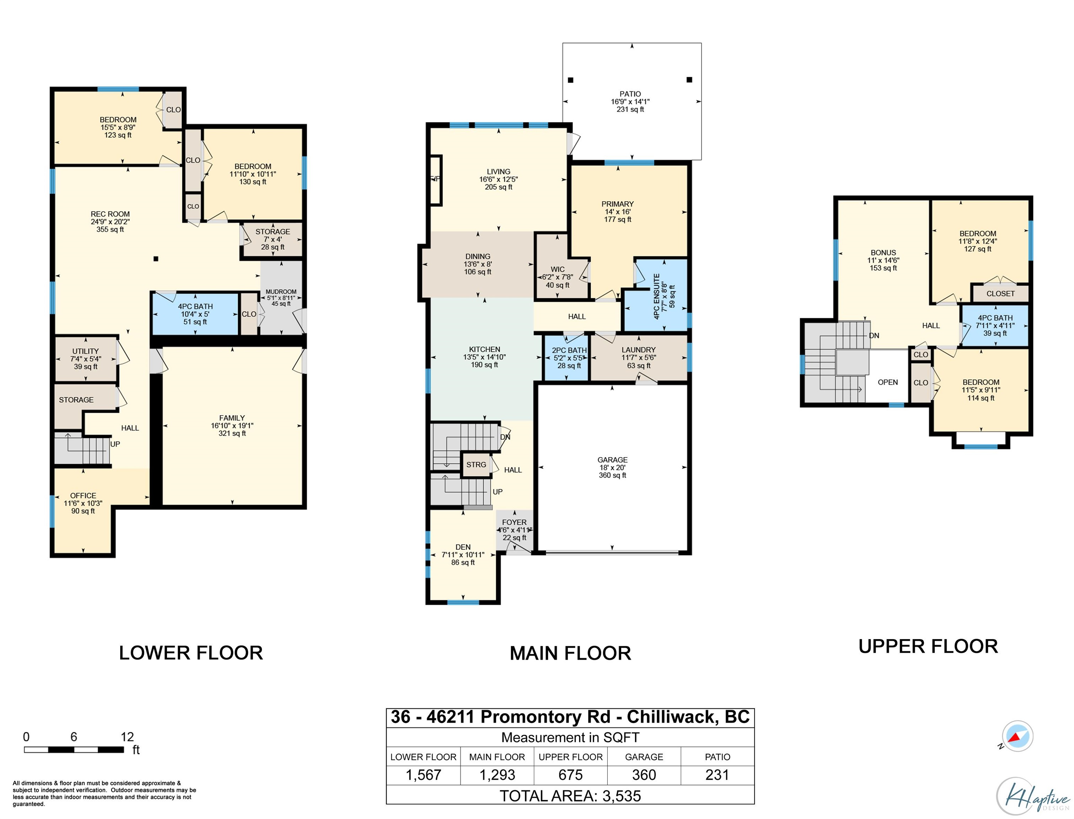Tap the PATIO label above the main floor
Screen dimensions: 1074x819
click(630, 93)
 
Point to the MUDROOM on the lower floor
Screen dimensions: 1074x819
click(281, 298)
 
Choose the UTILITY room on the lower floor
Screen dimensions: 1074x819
click(86, 358)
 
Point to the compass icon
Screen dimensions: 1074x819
click(1017, 736)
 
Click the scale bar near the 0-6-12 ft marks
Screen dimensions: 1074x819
click(74, 750)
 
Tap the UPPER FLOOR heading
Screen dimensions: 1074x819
click(928, 647)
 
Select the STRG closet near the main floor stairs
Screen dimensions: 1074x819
click(476, 465)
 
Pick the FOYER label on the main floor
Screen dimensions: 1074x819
click(514, 522)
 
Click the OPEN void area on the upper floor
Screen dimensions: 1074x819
click(887, 382)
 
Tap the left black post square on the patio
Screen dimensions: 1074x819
click(571, 80)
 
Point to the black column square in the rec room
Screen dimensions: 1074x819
click(156, 259)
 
